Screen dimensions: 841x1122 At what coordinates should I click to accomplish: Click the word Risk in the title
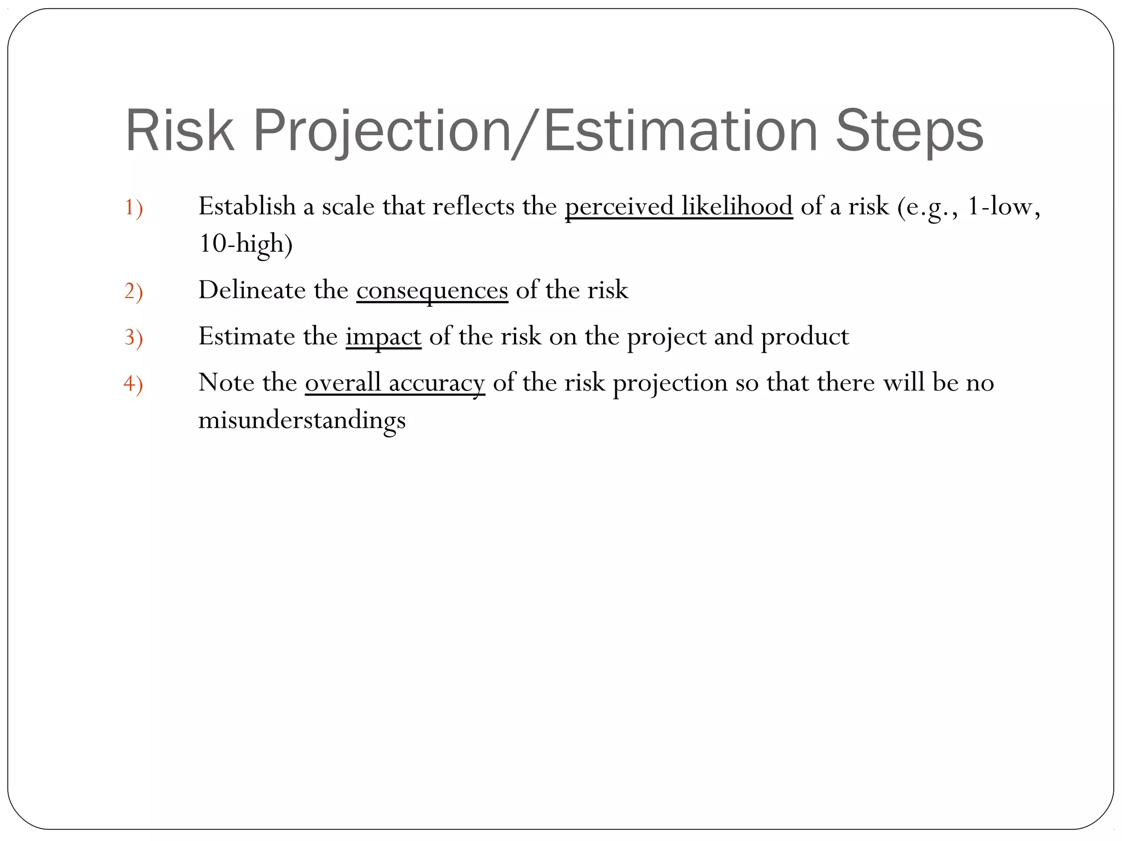pos(180,131)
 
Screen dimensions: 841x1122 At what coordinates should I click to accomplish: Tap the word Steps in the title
pos(909,131)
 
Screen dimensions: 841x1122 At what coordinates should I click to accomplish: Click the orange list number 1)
pos(133,208)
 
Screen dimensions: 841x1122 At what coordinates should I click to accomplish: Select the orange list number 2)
pos(133,291)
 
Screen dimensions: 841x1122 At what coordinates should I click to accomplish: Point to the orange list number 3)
pos(133,337)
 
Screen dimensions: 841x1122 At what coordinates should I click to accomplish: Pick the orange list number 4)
pos(133,384)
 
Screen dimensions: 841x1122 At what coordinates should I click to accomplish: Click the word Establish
pos(247,207)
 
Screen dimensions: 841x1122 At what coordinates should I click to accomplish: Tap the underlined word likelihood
pos(737,207)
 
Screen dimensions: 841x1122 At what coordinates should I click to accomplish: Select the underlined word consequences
pos(432,291)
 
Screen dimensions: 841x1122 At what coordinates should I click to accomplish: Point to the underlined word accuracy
pos(437,383)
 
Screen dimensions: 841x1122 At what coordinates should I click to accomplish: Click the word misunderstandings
pos(302,420)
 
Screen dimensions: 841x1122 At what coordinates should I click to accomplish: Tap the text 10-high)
pos(245,244)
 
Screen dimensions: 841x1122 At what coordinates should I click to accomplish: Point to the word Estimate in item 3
pos(247,337)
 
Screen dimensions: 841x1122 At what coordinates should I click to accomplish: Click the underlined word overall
pos(342,383)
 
